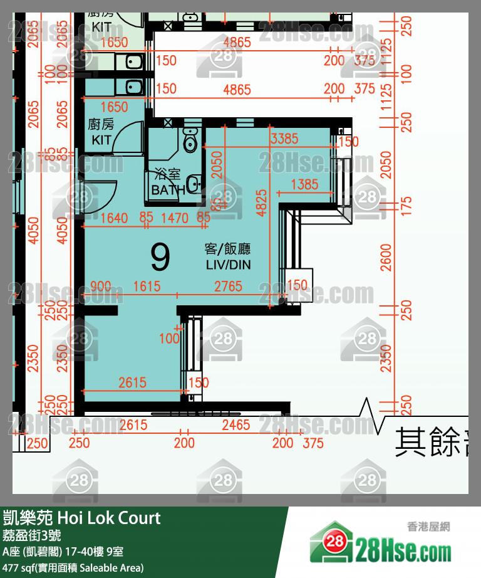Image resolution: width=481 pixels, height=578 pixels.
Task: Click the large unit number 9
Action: (x=160, y=255)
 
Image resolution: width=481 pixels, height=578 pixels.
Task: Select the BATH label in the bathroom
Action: (x=168, y=190)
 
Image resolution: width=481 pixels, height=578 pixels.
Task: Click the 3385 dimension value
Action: (x=284, y=139)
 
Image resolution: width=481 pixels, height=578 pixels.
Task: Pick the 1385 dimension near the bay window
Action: (x=305, y=185)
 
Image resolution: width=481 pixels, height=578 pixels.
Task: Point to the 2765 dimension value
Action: (x=228, y=286)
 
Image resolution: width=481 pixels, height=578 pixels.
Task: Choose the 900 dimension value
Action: (x=101, y=286)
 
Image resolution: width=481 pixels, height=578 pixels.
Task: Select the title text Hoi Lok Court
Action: (x=109, y=518)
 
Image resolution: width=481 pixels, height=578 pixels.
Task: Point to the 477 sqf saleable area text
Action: (x=73, y=568)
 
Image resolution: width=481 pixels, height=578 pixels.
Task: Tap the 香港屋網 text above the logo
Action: (x=428, y=527)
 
